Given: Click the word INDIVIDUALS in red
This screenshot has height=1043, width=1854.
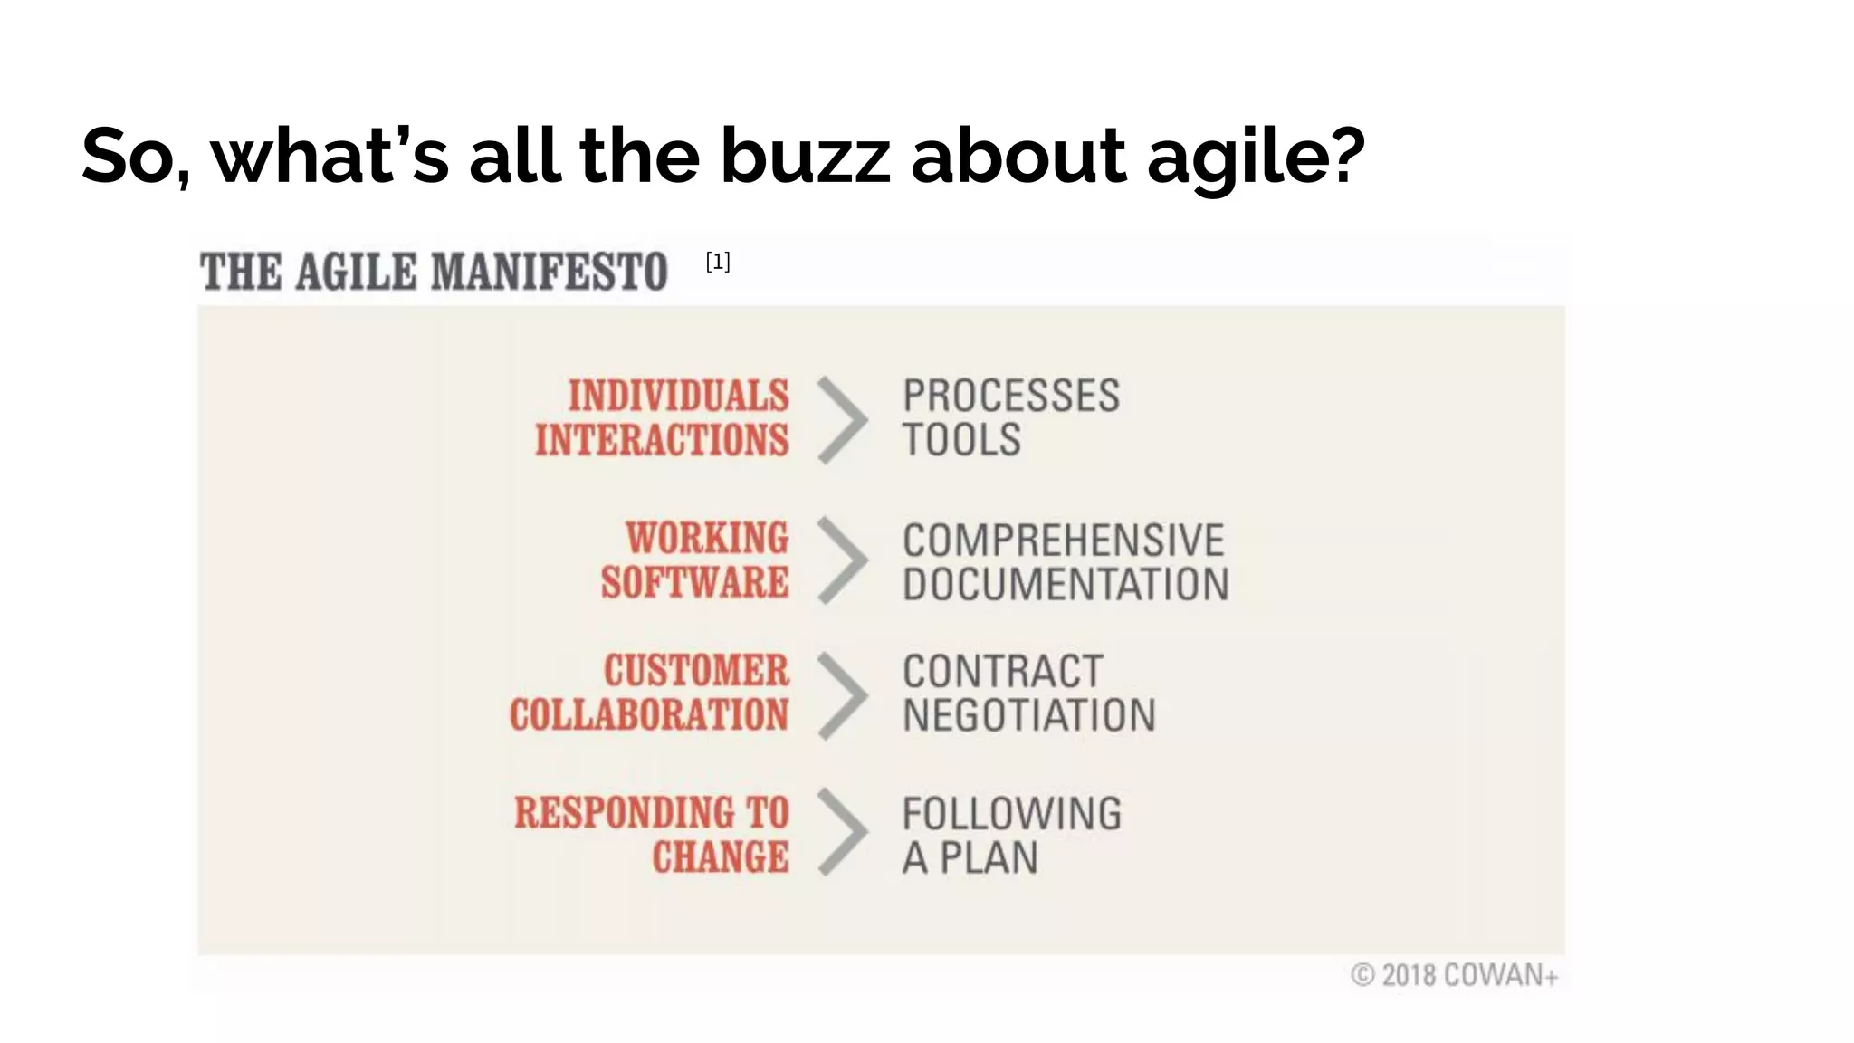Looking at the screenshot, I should pos(678,397).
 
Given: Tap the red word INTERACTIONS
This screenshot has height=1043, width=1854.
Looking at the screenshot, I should pos(662,441).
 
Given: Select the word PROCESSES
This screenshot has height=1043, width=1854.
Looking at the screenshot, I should pos(1010,397).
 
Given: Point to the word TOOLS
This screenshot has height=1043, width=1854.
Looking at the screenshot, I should pos(961,441).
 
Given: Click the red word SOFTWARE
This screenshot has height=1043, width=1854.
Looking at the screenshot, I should pos(694,582).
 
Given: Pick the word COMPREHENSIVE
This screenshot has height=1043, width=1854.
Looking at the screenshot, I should pos(1063,541).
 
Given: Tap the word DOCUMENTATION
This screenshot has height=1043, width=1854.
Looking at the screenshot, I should pos(1066,584).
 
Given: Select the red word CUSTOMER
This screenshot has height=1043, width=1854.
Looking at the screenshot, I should pos(696,671).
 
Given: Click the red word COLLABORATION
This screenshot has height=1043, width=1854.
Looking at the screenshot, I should pos(648,715).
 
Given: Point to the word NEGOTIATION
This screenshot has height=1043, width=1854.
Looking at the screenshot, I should pos(1028,715).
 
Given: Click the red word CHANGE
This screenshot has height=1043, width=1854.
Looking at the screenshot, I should pos(720,857).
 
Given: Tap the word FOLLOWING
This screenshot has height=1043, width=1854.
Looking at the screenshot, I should pos(1011,813).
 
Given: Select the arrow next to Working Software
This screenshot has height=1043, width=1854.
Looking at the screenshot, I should pos(843,560).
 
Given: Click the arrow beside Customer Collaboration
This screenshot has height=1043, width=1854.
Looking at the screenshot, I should pos(843,695).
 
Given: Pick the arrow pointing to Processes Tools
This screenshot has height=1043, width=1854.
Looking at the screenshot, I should pos(843,420).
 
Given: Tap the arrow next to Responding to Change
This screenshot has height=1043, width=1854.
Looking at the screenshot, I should pos(843,832).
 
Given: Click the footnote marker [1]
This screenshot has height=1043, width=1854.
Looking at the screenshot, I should pos(717,262).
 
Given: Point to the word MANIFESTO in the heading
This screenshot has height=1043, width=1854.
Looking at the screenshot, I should pos(549,272).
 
